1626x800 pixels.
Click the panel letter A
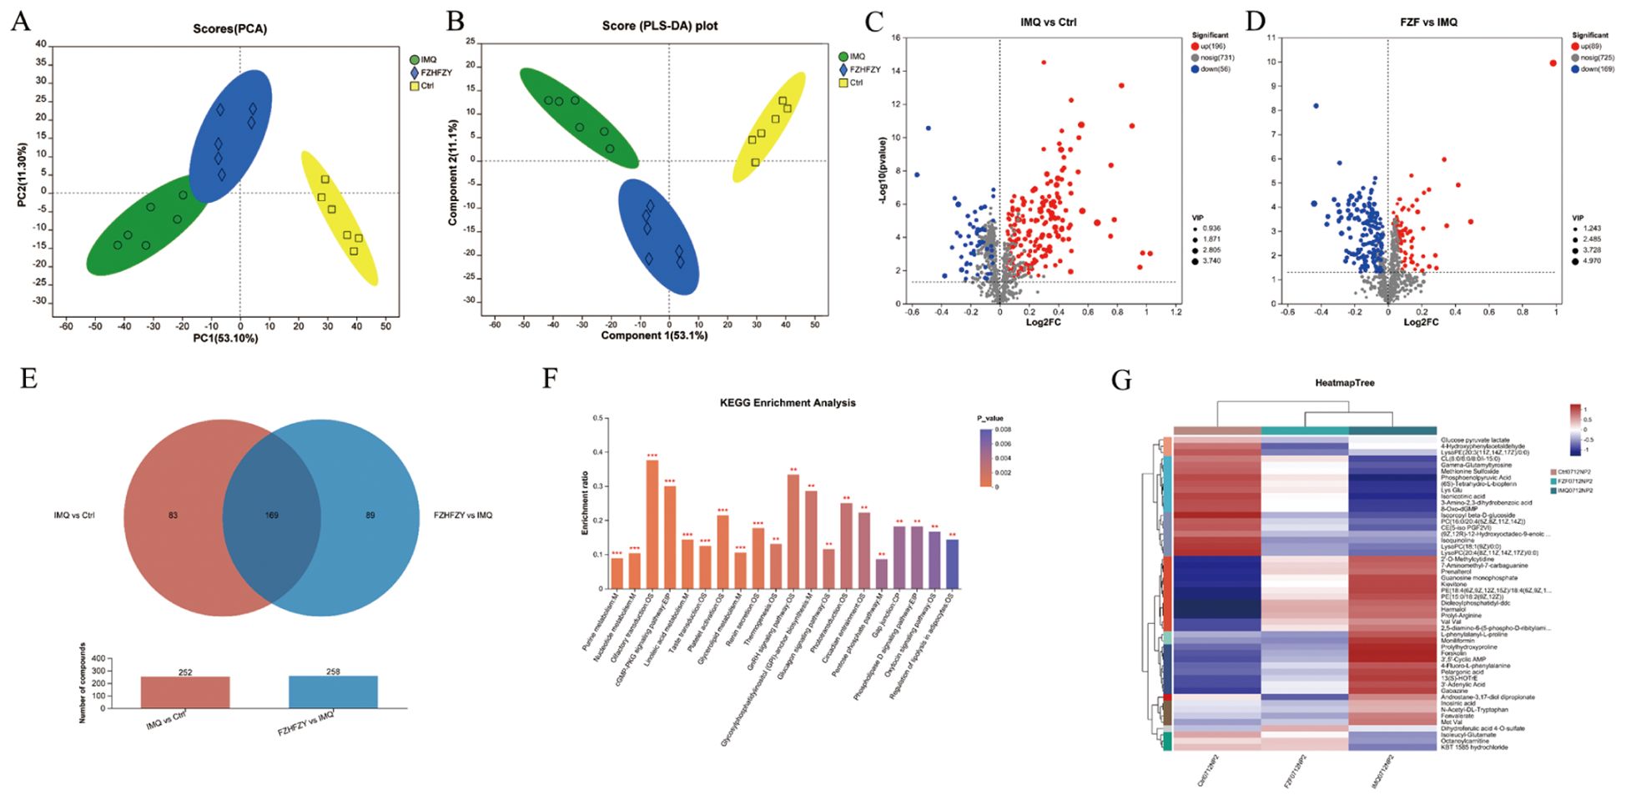click(21, 21)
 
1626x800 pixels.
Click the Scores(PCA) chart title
click(230, 29)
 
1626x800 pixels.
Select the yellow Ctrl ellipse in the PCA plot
click(339, 219)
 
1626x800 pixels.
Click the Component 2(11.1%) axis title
click(452, 173)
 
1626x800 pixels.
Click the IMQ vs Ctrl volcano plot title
click(1048, 22)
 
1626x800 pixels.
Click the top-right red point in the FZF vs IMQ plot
click(1553, 63)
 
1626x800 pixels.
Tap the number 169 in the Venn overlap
click(272, 516)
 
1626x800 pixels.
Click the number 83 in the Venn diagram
click(173, 516)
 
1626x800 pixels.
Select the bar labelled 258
click(333, 692)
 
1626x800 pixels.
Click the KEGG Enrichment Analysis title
click(787, 403)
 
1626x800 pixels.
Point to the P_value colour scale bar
click(985, 458)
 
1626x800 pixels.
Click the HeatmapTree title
click(1344, 383)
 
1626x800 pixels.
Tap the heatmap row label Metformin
click(1457, 641)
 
